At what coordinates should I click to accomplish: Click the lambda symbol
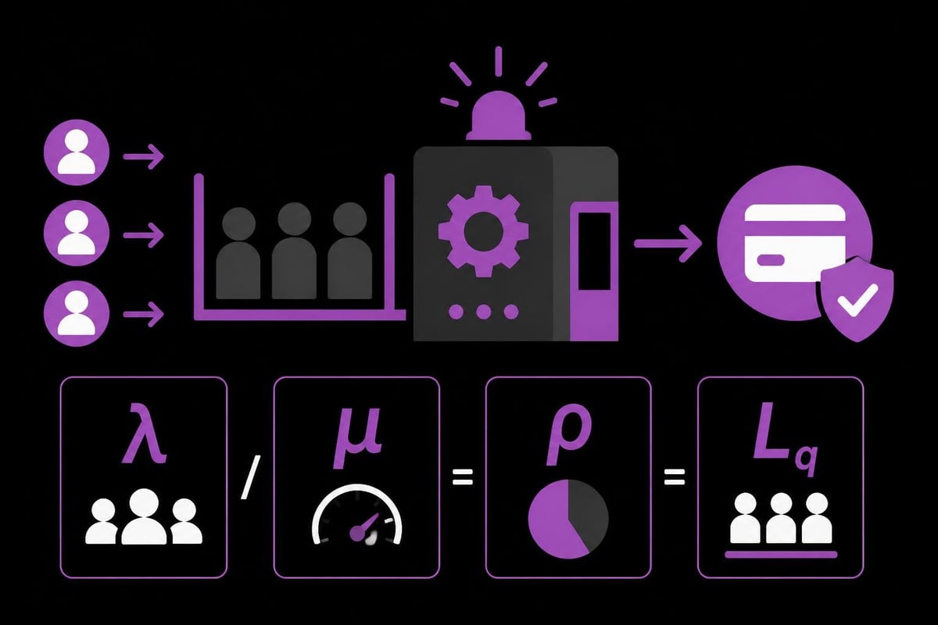point(145,434)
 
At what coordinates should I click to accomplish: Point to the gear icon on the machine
point(483,230)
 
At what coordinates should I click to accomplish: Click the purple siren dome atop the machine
point(499,116)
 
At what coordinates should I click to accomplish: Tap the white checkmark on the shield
point(857,300)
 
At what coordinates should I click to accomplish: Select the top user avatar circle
point(77,152)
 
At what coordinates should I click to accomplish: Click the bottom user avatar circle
point(77,313)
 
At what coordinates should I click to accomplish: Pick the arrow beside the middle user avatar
point(143,235)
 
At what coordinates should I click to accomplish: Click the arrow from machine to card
point(668,244)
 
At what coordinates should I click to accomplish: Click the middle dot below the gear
point(484,312)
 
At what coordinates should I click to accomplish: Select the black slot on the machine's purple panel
point(594,252)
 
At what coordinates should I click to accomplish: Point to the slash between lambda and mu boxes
point(250,477)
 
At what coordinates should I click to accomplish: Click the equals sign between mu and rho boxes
point(463,477)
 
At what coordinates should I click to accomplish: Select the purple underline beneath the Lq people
point(781,555)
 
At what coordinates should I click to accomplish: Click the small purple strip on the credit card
point(769,260)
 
